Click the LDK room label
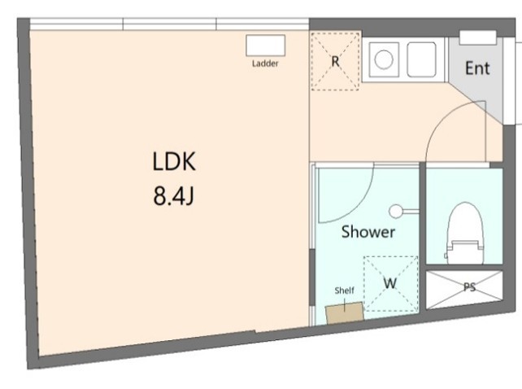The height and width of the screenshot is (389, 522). pos(174,161)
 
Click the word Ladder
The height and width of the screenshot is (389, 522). pos(265,63)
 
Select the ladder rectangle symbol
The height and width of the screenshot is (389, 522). pos(265,46)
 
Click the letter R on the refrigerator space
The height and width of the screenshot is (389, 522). pos(335,61)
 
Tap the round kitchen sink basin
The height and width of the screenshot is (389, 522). pos(384,59)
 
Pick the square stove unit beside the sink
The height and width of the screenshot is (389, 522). pos(422,59)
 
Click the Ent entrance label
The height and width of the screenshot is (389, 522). pos(477,68)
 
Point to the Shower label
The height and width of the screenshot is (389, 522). pos(368,232)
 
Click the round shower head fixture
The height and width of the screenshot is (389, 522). pos(396,211)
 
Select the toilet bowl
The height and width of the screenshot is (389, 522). pos(465,221)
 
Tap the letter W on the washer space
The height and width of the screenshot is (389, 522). pos(390,283)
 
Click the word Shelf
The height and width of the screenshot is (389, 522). pos(344,291)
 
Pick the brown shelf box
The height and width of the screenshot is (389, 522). pos(345,313)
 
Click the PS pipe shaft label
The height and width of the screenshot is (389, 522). pos(469,287)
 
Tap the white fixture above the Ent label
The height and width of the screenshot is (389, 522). pos(478,37)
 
